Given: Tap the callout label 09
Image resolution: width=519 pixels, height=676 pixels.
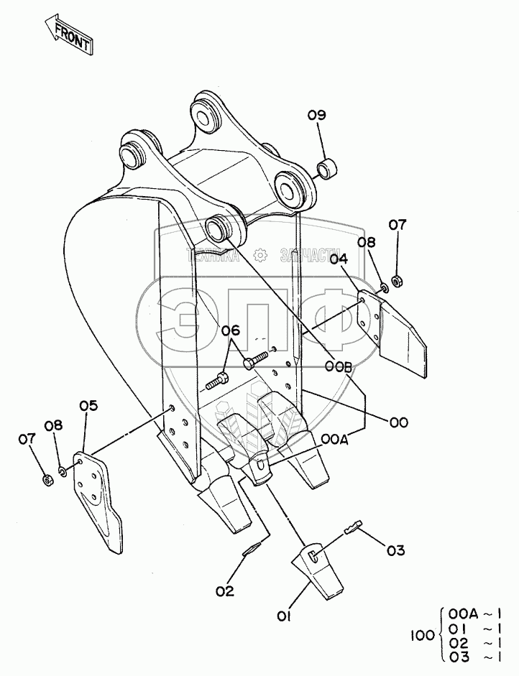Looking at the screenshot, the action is click(317, 116).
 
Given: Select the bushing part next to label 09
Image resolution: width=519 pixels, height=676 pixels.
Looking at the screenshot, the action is click(328, 169).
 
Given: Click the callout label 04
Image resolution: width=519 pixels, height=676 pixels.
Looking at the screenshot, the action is click(339, 259).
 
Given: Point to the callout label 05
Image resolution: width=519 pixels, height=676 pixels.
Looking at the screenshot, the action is click(88, 406).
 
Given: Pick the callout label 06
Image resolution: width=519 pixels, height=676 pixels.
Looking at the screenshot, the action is click(230, 330).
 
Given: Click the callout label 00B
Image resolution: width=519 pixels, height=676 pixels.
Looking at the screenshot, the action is click(339, 366).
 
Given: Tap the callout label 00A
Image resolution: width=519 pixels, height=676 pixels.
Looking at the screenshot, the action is click(334, 440).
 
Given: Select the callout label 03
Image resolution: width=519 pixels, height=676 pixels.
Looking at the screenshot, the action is click(395, 550).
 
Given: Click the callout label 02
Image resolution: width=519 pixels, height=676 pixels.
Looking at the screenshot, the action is click(225, 591).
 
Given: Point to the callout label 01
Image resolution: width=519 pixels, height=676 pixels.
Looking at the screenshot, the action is click(284, 617).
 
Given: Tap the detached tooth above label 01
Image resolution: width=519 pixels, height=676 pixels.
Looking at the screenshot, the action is click(318, 571).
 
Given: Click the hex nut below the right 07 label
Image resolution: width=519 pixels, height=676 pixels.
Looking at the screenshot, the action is click(397, 282).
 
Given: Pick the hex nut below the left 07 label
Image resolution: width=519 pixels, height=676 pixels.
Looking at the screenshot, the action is click(47, 479).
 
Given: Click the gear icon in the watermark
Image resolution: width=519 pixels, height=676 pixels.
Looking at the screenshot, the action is click(260, 255).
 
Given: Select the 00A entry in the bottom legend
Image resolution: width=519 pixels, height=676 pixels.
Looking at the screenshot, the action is click(463, 614).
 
